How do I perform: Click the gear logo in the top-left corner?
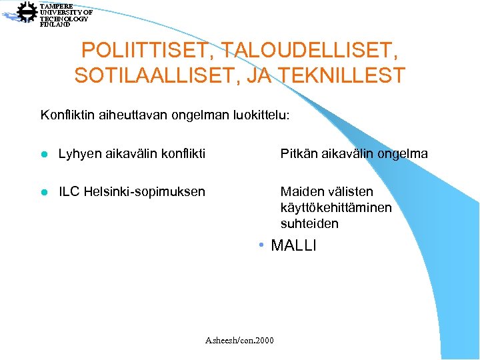point(27,13)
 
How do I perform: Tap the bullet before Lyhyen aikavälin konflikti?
point(44,155)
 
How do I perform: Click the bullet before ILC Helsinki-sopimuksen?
point(44,193)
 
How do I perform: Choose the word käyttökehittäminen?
point(336,208)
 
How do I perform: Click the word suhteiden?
point(309,223)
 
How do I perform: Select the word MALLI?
point(293,245)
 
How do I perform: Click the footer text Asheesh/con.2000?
point(239,341)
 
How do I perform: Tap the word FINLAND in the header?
point(55,25)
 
